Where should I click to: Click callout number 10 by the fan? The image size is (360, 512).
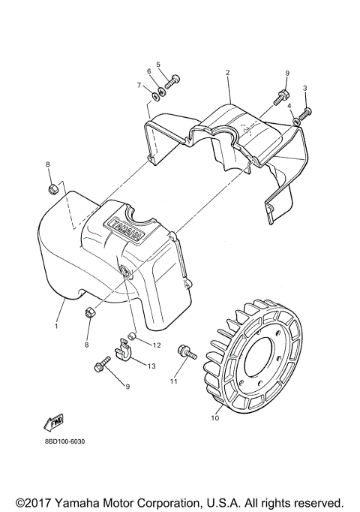pyautogui.click(x=214, y=418)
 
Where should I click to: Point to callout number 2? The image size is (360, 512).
pyautogui.click(x=226, y=73)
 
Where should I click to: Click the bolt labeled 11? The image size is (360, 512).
pyautogui.click(x=184, y=351)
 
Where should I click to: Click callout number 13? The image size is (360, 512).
pyautogui.click(x=151, y=366)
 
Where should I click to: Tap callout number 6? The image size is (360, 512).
pyautogui.click(x=149, y=71)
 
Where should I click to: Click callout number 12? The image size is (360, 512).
pyautogui.click(x=156, y=345)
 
